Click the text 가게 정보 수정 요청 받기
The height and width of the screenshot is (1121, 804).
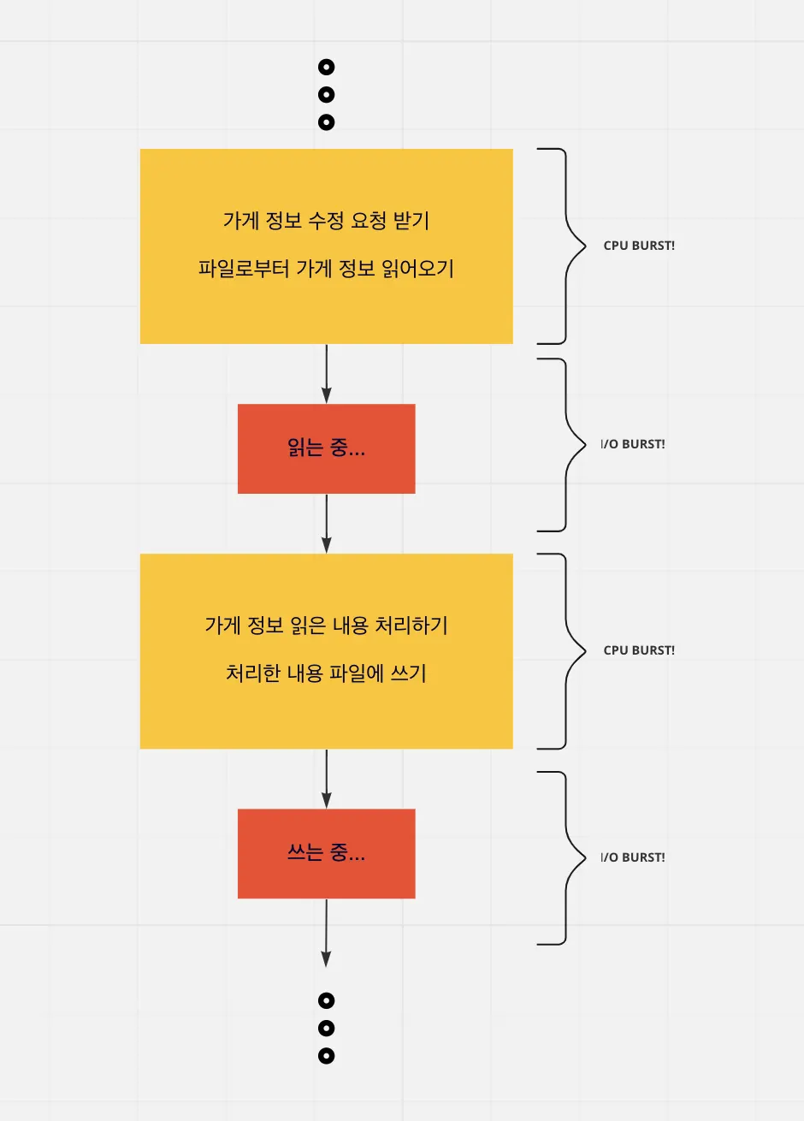326,221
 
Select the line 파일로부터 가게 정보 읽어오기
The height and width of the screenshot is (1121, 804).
326,269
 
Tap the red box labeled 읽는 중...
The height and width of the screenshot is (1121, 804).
326,448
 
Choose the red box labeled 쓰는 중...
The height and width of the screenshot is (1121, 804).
326,853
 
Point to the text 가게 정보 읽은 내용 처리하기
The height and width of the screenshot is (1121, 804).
326,626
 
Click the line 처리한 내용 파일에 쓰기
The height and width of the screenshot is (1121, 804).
326,673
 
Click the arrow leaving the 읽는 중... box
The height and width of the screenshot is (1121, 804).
326,523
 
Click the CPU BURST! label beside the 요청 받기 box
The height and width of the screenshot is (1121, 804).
639,246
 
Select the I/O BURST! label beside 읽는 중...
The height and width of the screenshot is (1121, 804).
633,444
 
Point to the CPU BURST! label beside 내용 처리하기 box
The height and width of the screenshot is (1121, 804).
639,650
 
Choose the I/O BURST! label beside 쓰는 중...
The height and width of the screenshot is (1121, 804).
633,857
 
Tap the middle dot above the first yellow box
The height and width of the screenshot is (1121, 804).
326,95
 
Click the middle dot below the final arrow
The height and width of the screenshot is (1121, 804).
326,1029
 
